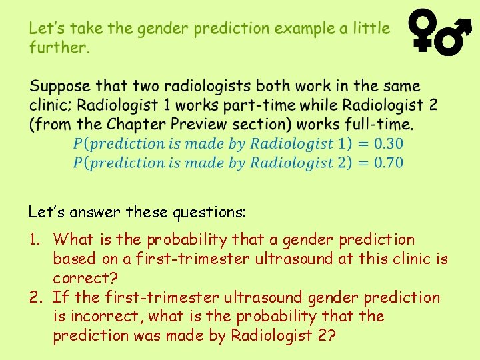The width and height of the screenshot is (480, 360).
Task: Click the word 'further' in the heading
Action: click(x=59, y=47)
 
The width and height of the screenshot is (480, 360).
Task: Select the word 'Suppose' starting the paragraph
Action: click(x=60, y=87)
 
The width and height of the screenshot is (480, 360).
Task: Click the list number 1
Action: click(x=35, y=239)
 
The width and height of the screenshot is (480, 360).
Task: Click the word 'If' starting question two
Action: click(x=59, y=297)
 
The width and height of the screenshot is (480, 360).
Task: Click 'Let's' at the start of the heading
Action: click(x=46, y=29)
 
